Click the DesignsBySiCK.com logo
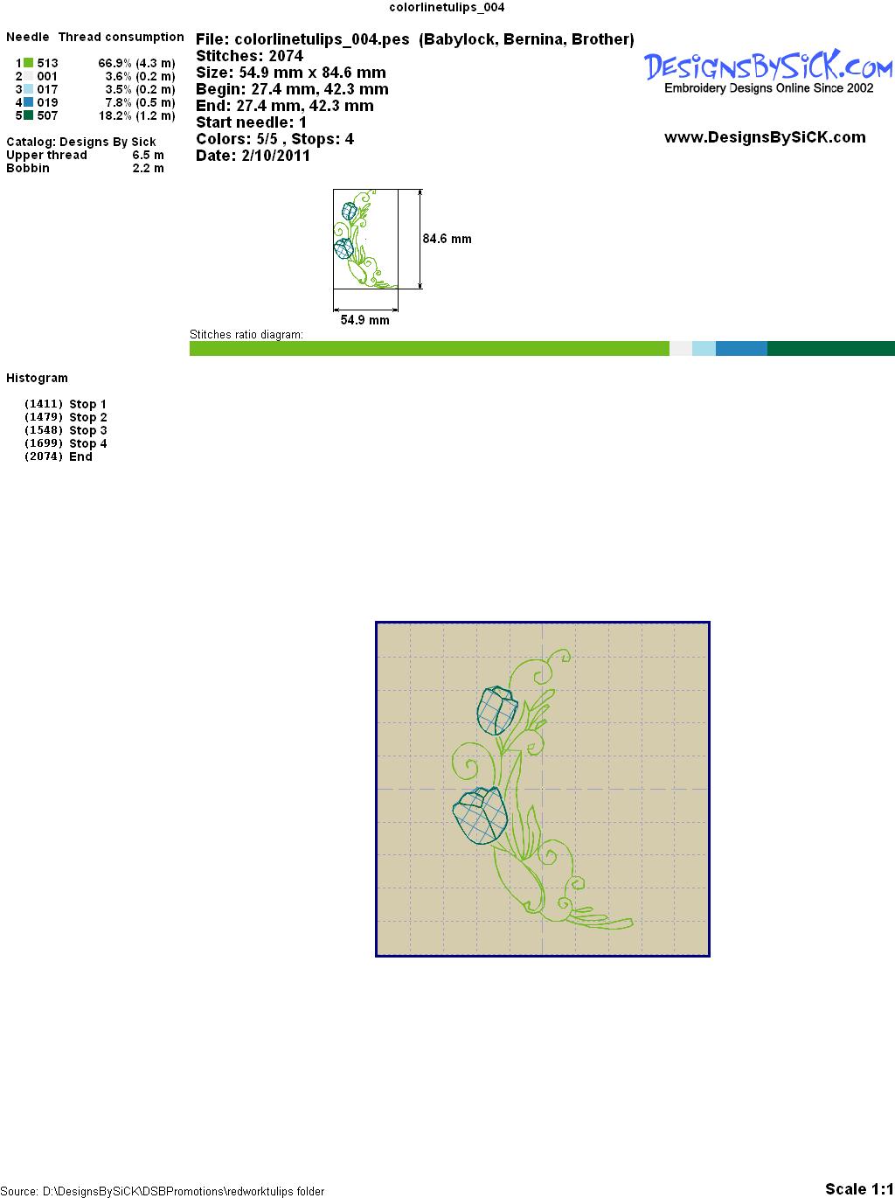[x=768, y=72]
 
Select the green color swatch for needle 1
[x=28, y=63]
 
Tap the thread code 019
[x=47, y=102]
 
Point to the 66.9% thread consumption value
[x=114, y=63]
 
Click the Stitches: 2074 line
[x=249, y=56]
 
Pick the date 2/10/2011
[x=275, y=156]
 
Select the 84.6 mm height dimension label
[x=447, y=239]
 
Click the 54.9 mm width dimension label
[x=364, y=320]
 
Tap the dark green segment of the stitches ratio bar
[x=830, y=348]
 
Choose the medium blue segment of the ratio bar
[x=741, y=348]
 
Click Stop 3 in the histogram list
[x=87, y=430]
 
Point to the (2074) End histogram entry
[x=59, y=456]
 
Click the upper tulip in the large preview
[x=496, y=710]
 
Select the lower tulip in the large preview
[x=480, y=815]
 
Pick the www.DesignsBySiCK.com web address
[x=765, y=137]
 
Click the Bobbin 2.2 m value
[x=148, y=168]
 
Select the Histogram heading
[x=37, y=378]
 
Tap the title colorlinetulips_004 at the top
[x=447, y=8]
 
